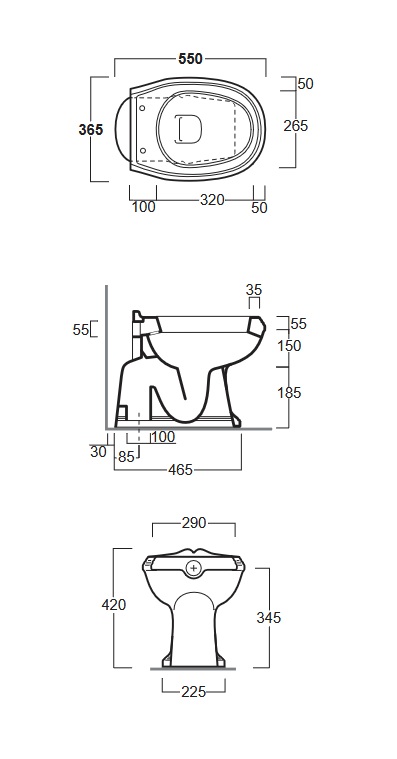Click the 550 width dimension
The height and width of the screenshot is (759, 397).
click(x=190, y=59)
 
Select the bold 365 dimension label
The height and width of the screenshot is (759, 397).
click(x=91, y=130)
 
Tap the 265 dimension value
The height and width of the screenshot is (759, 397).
click(x=295, y=125)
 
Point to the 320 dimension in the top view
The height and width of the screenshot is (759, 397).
click(x=213, y=199)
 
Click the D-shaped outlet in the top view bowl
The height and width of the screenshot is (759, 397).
click(x=188, y=130)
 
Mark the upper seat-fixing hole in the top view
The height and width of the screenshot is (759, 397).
click(x=142, y=109)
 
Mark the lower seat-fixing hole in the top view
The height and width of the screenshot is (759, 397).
click(x=142, y=150)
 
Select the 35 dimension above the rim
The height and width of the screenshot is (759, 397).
click(x=254, y=289)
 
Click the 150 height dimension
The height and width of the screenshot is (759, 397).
click(x=289, y=346)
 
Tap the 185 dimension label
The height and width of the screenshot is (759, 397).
click(x=289, y=393)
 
